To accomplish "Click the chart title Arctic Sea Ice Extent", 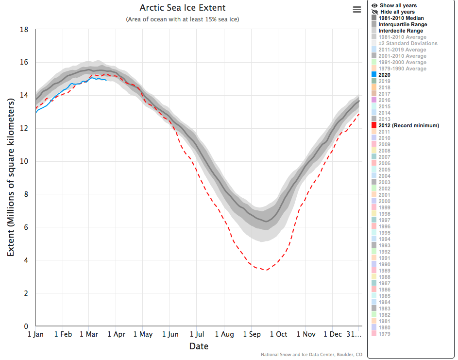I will [x=182, y=8].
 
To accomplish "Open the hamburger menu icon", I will [x=357, y=10].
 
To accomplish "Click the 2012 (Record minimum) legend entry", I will [x=408, y=125].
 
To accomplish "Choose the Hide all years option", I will [x=397, y=12].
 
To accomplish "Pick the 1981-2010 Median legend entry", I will [x=401, y=18].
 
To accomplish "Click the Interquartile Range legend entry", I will [x=403, y=24].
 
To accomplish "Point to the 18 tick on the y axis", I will [x=24, y=30].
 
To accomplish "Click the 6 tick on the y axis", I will [x=26, y=227].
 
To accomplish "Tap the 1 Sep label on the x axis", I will [x=251, y=334].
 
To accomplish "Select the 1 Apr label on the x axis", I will [x=116, y=334].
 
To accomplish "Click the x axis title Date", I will [x=199, y=346].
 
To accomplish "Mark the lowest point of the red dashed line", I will [x=265, y=270].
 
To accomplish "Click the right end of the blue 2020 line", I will [x=106, y=80].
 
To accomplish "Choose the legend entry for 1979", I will [x=384, y=334].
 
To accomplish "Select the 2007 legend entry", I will [x=384, y=157].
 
